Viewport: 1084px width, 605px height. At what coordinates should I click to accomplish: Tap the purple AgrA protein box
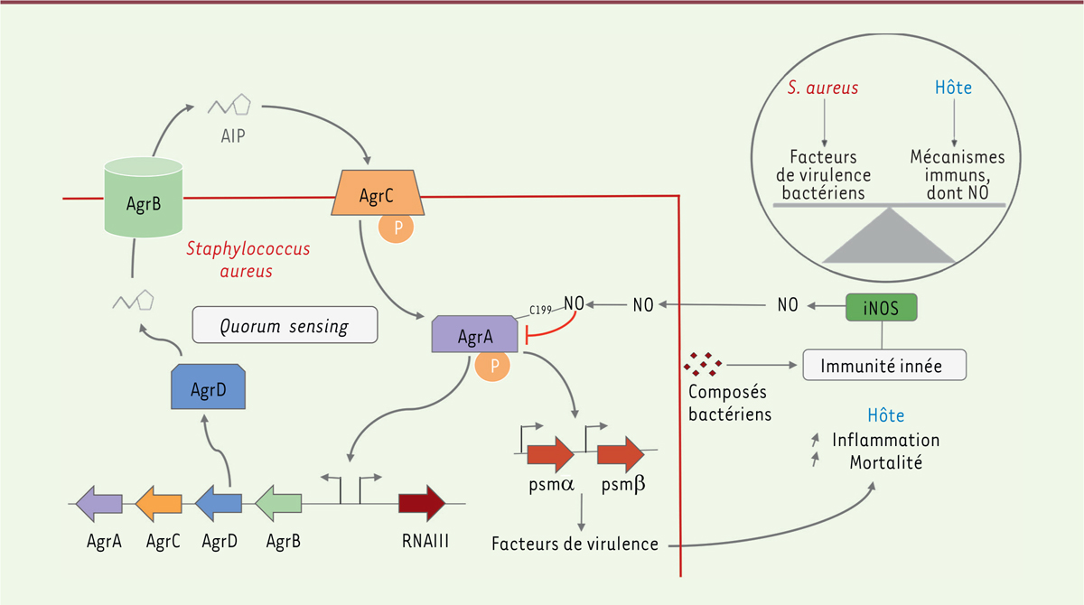(475, 335)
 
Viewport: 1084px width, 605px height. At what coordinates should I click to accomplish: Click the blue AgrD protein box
(209, 389)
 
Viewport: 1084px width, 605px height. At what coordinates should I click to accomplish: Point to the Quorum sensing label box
(285, 326)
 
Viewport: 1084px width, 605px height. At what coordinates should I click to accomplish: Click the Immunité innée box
(885, 366)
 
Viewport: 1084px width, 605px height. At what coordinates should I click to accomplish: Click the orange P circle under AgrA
(493, 367)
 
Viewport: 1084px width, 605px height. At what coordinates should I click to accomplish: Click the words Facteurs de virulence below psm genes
(575, 544)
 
